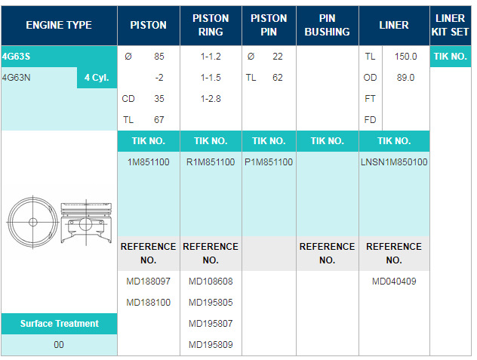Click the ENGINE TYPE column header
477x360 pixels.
coord(59,25)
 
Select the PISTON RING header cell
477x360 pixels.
coord(211,25)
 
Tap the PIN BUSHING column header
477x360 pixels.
coord(327,25)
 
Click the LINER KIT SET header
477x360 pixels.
coord(450,25)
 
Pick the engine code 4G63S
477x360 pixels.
coord(16,57)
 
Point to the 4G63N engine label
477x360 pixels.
coord(16,78)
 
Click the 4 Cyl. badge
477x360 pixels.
coord(97,78)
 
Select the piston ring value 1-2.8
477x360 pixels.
coord(211,99)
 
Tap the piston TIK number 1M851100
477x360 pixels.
coord(149,162)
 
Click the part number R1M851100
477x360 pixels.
coord(211,162)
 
